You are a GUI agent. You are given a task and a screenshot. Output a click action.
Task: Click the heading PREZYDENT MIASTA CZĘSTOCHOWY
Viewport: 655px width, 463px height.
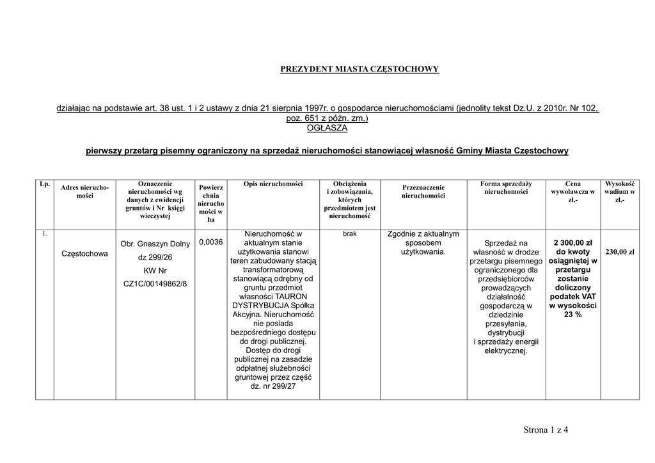tap(359, 69)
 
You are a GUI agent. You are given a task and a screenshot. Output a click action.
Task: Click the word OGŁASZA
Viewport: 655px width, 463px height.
tap(327, 128)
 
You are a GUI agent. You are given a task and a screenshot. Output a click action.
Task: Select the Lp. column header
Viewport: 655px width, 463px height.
tap(45, 184)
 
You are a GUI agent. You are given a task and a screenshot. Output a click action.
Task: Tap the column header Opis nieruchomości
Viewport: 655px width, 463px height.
tap(273, 184)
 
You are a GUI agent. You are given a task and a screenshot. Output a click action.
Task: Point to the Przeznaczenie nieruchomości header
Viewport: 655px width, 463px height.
tap(423, 191)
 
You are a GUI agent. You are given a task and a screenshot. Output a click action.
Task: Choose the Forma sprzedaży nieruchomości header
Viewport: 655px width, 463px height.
tap(505, 187)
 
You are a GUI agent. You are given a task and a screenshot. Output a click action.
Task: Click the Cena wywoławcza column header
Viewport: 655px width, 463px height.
tap(572, 191)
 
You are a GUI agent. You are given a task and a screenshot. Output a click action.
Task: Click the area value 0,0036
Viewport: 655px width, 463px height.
tap(210, 242)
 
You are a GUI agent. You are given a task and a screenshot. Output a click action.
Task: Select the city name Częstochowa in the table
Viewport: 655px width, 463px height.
tap(84, 254)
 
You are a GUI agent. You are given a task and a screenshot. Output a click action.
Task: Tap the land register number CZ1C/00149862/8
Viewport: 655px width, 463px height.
tap(155, 283)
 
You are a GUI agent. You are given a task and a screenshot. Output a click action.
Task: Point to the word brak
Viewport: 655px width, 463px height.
tap(349, 234)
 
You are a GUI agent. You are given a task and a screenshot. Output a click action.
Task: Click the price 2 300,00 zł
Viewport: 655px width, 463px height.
tap(572, 243)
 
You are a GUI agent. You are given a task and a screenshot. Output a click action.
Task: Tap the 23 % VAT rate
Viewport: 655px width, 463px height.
tap(572, 315)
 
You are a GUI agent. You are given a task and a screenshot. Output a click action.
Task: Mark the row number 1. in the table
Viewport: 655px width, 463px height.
tap(45, 234)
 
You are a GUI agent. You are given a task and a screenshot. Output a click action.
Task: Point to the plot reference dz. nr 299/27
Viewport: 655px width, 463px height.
tap(273, 386)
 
